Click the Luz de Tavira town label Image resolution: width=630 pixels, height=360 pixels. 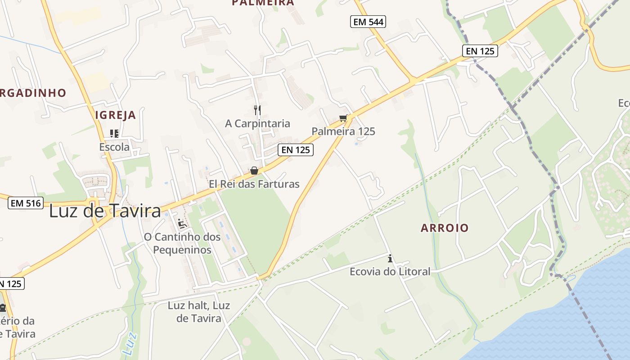pos(105,211)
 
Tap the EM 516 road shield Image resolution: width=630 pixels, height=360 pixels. pos(26,203)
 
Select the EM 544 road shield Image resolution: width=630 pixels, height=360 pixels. pos(368,21)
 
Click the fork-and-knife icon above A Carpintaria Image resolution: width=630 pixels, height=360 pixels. pos(257,110)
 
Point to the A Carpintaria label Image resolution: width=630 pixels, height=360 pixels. pos(257,123)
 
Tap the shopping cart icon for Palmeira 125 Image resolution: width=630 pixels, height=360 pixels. pos(343,118)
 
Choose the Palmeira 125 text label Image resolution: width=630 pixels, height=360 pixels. pos(343,131)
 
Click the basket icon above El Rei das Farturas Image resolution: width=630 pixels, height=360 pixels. pos(254,171)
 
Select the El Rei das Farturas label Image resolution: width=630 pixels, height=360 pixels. pos(254,184)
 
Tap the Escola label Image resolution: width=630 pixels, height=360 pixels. pos(114,147)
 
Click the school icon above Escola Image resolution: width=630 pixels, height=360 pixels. pos(114,133)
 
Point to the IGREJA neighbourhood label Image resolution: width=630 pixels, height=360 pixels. pos(116,115)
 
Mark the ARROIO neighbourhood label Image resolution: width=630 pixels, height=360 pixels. pos(445,228)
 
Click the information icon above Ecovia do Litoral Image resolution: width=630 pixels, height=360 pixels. pos(390,258)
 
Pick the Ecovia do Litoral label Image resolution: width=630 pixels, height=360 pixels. pos(390,271)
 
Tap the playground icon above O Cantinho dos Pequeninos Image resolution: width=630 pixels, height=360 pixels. pos(182,224)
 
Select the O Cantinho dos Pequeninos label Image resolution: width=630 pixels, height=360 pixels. pos(182,243)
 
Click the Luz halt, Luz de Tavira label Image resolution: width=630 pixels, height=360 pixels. pos(199,312)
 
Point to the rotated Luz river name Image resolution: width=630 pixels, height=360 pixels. pos(129,343)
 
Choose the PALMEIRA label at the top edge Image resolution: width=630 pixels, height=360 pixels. pos(263,3)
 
